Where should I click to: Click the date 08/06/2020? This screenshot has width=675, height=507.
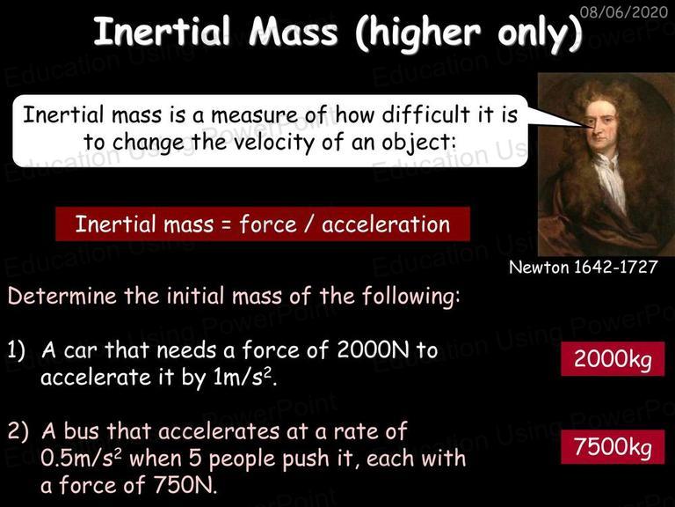point(624,11)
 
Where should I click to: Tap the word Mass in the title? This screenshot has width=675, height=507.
point(294,32)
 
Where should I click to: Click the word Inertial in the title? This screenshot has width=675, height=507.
point(162,32)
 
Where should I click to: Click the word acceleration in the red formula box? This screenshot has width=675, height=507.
point(386,224)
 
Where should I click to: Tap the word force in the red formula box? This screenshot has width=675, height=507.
point(268,224)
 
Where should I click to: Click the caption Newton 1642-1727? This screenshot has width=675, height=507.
point(584,268)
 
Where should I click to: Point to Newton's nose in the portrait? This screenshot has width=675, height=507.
point(597,130)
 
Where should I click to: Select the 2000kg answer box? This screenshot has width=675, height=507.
point(613,359)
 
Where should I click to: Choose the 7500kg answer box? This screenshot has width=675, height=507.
point(613,446)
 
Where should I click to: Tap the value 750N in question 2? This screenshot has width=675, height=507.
point(185,486)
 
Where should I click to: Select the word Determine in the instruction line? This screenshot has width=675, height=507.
point(62,296)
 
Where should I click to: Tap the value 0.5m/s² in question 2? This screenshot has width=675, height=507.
point(83,459)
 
